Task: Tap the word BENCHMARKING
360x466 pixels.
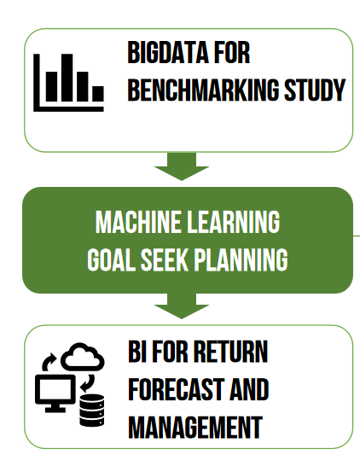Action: pos(204,90)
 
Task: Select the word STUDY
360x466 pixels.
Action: pos(315,90)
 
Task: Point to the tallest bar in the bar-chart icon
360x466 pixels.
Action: pos(67,78)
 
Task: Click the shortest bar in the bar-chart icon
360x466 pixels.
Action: pos(98,94)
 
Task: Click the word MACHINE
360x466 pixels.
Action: pos(138,222)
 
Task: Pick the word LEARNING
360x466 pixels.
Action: pos(234,222)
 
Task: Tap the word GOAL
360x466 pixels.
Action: pos(111,259)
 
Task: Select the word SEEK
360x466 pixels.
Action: pos(165,259)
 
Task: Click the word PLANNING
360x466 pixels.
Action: pos(241,259)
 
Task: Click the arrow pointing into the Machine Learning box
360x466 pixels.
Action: pos(182,166)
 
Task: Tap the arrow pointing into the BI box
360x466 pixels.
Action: pos(182,306)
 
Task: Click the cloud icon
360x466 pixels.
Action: pos(82,357)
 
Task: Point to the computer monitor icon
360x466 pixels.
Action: pos(55,393)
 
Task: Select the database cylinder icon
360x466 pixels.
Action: pos(92,411)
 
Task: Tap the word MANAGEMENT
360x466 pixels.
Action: pos(195,427)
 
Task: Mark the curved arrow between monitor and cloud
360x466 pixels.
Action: pos(49,361)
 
